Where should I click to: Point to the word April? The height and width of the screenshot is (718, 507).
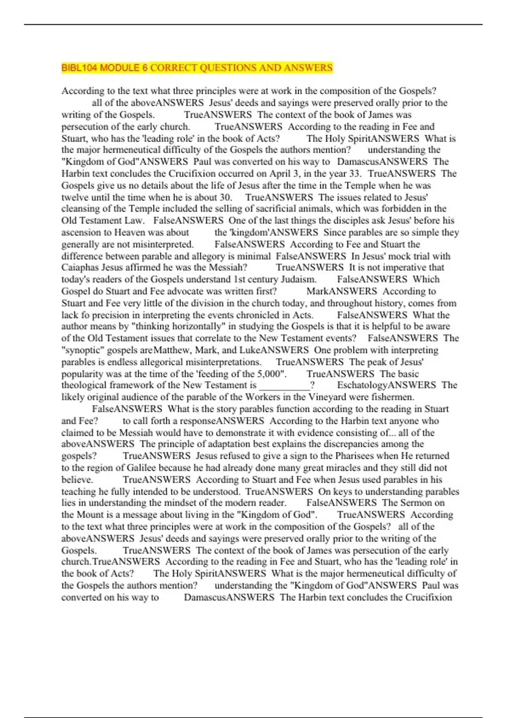coord(280,174)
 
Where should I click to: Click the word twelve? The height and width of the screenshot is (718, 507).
coord(75,197)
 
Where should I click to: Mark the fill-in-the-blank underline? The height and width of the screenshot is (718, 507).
coord(284,385)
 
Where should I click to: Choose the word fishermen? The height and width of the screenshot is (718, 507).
coord(393,397)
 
